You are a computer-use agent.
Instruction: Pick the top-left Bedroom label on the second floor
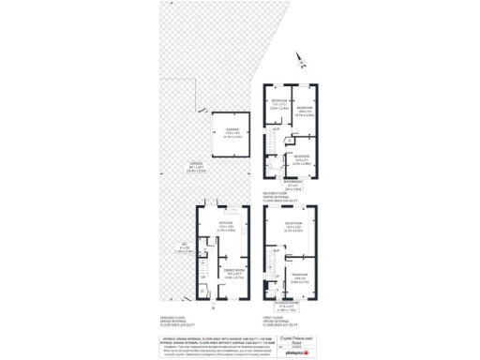278,101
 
